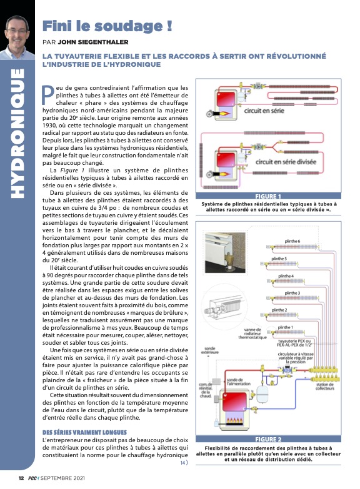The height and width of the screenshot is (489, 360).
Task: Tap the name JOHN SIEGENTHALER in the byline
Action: pos(93,42)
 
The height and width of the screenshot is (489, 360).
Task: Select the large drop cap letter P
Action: pos(48,95)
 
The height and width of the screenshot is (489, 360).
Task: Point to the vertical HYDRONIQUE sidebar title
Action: pos(17,133)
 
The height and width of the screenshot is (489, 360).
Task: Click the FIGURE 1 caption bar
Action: pos(268,196)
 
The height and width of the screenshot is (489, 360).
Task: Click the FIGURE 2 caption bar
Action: pos(268,439)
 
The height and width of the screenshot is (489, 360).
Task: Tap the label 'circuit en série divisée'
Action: pos(286,162)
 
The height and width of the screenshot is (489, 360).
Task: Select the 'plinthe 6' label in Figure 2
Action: pos(292,241)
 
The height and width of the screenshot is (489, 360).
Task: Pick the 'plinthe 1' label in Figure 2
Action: pos(286,327)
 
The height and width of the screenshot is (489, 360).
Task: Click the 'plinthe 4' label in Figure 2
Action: pos(286,276)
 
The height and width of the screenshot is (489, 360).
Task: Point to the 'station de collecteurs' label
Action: pos(325,387)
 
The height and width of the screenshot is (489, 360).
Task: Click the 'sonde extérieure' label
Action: pos(210,350)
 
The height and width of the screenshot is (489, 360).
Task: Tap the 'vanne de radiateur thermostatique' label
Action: pos(252,333)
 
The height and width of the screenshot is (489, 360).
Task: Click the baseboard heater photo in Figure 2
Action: pos(225,252)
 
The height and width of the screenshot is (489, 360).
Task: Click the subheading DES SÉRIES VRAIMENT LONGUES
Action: pos(84,432)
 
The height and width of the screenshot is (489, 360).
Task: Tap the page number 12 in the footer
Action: pos(21,478)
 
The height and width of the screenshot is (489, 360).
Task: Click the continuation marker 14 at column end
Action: pos(184,463)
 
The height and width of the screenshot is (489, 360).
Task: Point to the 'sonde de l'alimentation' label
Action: pos(238,382)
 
